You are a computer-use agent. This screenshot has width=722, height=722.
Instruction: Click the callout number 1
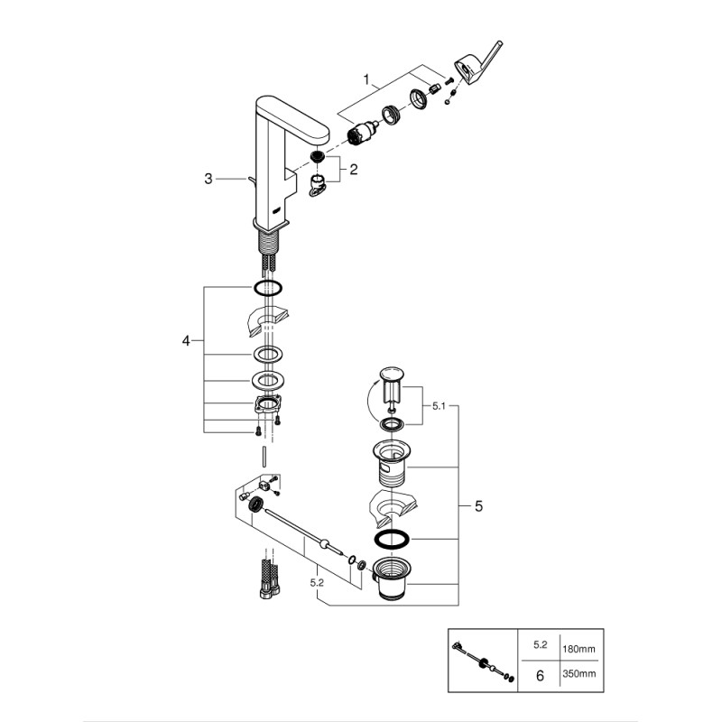tap(367, 80)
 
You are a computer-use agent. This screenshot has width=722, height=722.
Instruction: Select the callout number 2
tap(354, 168)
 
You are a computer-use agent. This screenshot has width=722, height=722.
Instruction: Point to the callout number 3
tap(208, 180)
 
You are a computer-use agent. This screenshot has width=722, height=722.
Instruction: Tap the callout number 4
tap(186, 341)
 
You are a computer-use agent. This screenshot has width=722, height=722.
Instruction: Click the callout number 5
tap(478, 507)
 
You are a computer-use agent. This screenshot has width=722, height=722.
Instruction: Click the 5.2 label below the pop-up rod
tap(317, 583)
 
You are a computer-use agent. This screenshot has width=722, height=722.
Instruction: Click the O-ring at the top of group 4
tap(269, 289)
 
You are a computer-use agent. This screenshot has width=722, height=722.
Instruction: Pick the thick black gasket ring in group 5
tap(391, 539)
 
